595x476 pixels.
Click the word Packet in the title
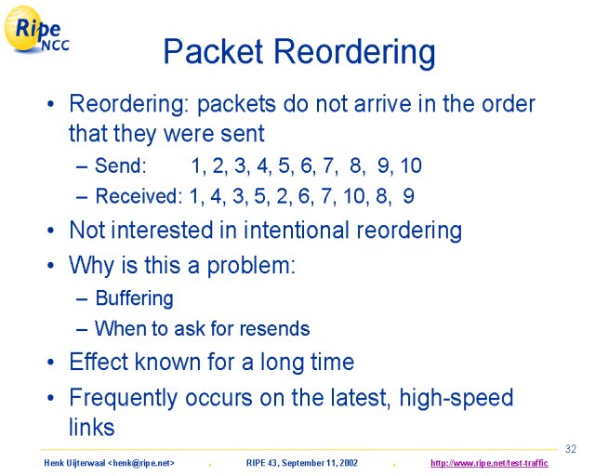213,51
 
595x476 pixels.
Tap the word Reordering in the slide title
354,54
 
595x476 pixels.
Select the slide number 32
570,449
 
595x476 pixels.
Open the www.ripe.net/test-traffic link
489,463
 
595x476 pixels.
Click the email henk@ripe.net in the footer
141,463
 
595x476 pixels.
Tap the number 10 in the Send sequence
411,165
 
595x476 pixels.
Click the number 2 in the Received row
283,196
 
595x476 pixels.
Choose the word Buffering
134,298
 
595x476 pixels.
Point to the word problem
251,266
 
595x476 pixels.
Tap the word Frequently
123,399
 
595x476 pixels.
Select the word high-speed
456,399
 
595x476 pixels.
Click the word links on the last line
91,427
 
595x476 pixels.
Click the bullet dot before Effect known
51,363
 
